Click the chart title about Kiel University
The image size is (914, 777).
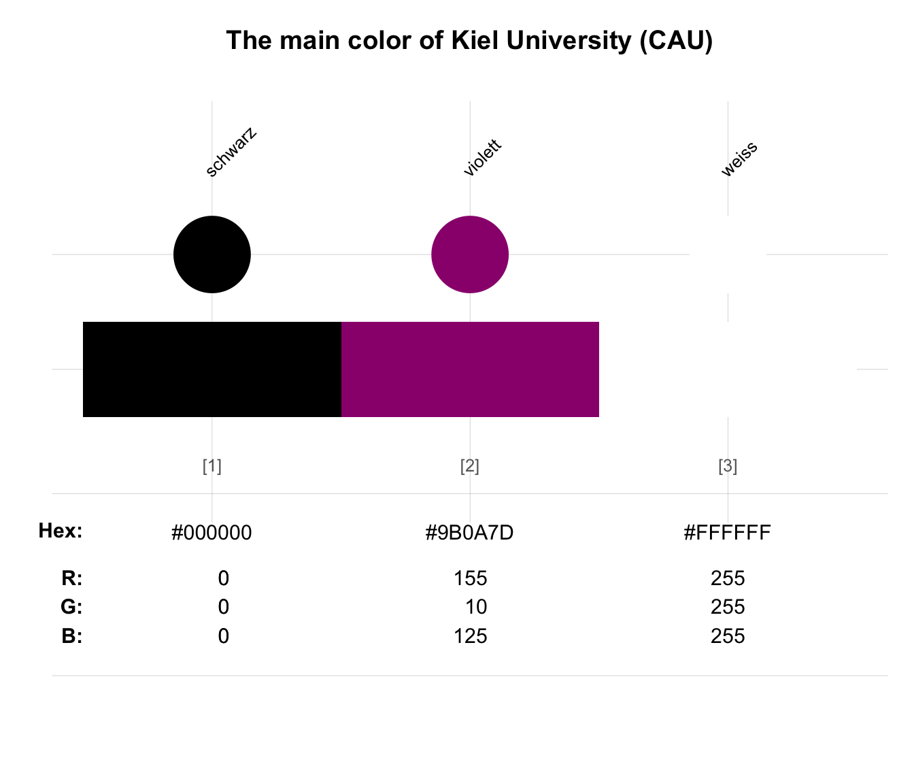pos(469,41)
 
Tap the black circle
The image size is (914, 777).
pos(211,254)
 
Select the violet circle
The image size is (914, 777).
pos(470,254)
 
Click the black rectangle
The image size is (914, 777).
pos(212,369)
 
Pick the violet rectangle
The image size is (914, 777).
pos(470,369)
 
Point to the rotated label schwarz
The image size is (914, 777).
pos(231,152)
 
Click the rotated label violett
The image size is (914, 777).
pos(482,158)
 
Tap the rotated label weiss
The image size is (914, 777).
pos(739,159)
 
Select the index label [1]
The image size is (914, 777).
pos(211,466)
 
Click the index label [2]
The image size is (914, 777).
pos(470,466)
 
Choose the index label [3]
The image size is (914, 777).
pos(728,466)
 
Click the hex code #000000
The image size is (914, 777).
pos(211,532)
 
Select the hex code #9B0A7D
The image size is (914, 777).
pos(469,532)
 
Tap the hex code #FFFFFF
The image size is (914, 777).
pos(727,532)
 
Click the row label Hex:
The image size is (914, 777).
pos(61,531)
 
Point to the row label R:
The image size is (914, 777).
pos(72,578)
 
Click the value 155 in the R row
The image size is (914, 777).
pos(471,578)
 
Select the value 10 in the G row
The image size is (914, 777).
pos(476,607)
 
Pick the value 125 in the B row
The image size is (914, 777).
pos(471,636)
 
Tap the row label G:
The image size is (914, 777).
pos(71,606)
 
